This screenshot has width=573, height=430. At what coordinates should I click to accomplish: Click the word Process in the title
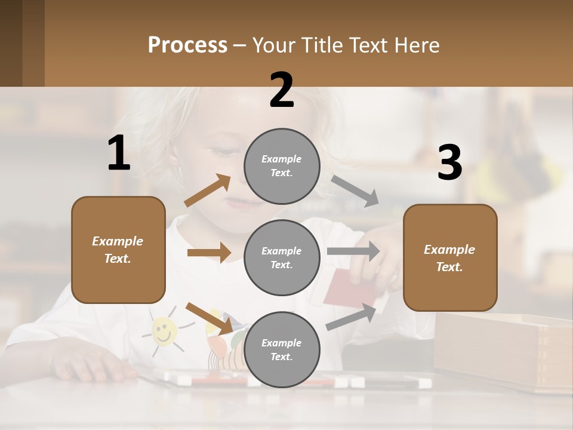click(187, 45)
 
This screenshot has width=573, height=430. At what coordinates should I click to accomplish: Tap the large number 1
click(119, 153)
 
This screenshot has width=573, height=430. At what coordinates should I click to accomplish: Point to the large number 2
click(282, 90)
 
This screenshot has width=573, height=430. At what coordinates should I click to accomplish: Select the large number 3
click(449, 163)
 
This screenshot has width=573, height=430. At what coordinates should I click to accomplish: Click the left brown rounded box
click(118, 250)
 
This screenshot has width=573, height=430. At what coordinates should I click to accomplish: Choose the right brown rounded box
click(450, 258)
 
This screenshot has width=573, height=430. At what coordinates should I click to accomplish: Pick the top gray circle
click(282, 166)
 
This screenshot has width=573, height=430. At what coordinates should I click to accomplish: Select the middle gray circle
click(282, 257)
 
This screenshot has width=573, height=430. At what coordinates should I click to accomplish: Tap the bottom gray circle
click(282, 349)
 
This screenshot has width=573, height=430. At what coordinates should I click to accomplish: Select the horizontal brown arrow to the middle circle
click(209, 253)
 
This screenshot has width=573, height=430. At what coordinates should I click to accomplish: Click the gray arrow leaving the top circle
click(355, 191)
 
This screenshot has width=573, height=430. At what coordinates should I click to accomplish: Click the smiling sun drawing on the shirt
click(164, 330)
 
